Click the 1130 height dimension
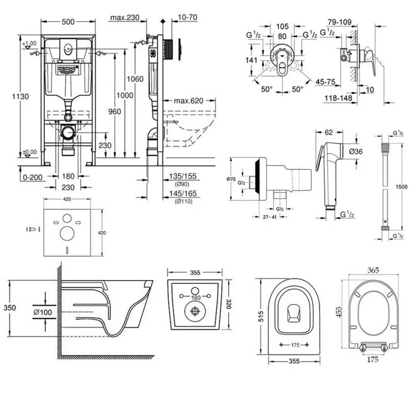[21, 96]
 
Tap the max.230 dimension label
[124, 18]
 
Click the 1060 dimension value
[135, 79]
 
